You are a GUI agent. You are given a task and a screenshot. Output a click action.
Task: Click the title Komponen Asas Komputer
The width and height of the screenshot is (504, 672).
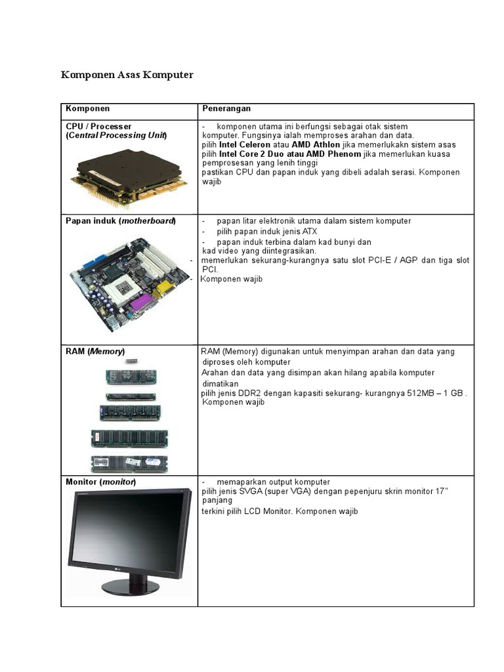[127, 75]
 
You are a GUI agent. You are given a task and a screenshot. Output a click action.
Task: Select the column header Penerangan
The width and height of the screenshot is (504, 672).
[226, 108]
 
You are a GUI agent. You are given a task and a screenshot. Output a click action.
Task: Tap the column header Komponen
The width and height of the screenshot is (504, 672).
[88, 108]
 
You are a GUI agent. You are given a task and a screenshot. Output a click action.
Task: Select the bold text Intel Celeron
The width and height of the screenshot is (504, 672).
[243, 144]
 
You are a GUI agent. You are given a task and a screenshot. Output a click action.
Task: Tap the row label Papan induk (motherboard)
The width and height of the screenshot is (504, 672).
[121, 221]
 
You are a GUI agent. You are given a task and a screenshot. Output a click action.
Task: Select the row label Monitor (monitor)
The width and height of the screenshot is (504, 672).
[101, 482]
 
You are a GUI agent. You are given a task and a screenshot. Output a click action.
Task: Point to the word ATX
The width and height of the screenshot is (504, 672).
[309, 232]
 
